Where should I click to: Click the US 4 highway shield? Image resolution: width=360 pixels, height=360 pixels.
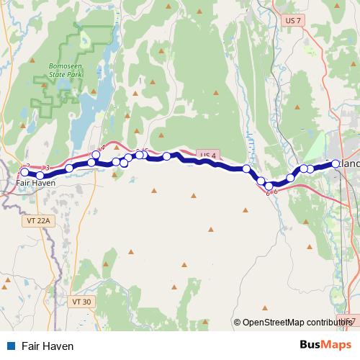pyautogui.click(x=207, y=156)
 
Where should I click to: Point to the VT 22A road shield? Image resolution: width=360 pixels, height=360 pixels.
pyautogui.click(x=35, y=220)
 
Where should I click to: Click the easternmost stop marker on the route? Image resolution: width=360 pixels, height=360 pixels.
pyautogui.click(x=336, y=163)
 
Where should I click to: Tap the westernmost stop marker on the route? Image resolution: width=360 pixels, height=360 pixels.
pyautogui.click(x=24, y=172)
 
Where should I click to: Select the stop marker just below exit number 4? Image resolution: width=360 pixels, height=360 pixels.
pyautogui.click(x=96, y=155)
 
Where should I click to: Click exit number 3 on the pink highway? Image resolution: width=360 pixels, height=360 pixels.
pyautogui.click(x=47, y=168)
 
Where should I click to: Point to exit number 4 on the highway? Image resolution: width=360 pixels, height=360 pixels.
pyautogui.click(x=103, y=147)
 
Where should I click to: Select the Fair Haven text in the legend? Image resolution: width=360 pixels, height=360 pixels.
pyautogui.click(x=48, y=346)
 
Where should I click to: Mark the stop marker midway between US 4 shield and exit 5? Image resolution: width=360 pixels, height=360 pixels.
pyautogui.click(x=166, y=156)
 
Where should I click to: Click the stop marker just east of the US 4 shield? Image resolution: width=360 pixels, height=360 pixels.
pyautogui.click(x=246, y=168)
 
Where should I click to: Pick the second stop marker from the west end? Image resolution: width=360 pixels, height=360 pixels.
pyautogui.click(x=40, y=176)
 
